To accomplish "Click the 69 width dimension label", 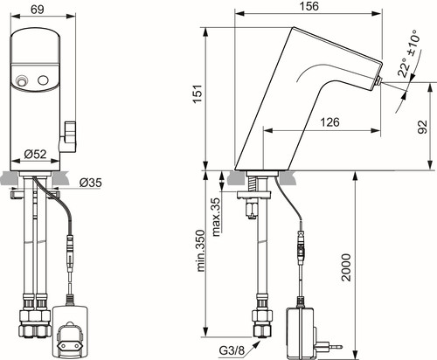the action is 38,9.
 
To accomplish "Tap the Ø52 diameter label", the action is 36,154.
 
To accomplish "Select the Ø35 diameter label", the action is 91,183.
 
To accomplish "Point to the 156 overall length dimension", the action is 309,6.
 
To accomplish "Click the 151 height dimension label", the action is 198,93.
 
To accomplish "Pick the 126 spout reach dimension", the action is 329,122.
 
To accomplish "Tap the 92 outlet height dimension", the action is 423,127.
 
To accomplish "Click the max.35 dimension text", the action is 216,217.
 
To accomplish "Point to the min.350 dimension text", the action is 201,251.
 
